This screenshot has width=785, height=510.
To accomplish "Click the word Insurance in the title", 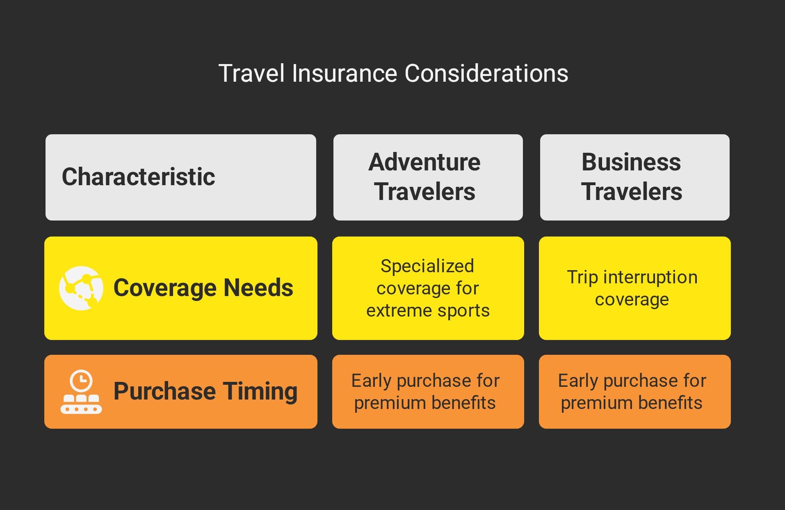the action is (x=345, y=74).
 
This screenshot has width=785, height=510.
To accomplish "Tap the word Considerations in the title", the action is (x=486, y=74).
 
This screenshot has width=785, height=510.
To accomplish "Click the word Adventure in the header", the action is (x=424, y=162).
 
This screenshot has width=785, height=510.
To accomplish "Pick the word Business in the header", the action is (x=631, y=162).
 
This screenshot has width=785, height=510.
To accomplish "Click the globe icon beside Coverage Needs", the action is (x=81, y=288).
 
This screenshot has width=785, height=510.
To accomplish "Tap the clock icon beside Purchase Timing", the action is (x=81, y=392).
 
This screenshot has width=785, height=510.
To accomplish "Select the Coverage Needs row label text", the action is (x=203, y=287).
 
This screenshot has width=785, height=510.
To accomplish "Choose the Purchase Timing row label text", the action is (x=205, y=391).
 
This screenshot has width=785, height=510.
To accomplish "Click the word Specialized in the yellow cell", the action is (x=427, y=266).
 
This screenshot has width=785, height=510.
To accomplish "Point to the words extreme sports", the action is (x=428, y=310).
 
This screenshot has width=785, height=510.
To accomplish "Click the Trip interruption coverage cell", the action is (x=634, y=288).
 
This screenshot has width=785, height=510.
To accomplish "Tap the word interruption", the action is (x=650, y=277).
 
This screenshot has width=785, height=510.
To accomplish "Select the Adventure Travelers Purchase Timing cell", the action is (x=428, y=392).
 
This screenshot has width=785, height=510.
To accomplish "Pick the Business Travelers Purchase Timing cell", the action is (x=634, y=392).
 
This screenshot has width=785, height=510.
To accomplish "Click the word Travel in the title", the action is (x=251, y=74).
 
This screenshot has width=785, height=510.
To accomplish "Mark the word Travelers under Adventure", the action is (x=424, y=192).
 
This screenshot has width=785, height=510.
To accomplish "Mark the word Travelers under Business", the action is (x=632, y=192).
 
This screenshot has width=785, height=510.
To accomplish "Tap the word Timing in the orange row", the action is (x=260, y=391).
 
